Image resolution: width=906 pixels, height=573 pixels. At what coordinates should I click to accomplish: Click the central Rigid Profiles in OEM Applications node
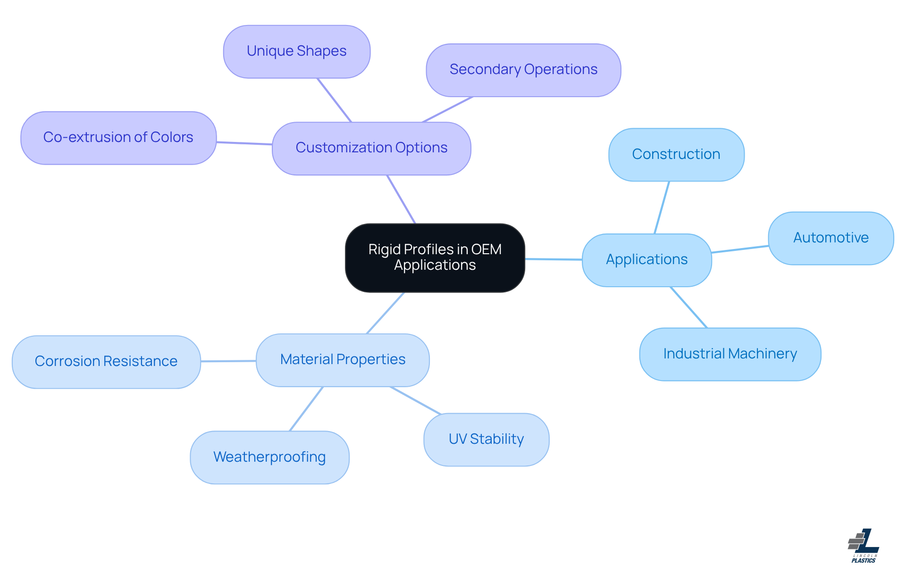point(435,257)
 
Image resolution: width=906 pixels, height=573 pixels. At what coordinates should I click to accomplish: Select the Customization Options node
point(371,148)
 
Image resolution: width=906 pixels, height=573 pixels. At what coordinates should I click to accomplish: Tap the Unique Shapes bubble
point(296,51)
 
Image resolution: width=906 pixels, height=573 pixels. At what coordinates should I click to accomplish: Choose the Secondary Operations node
point(523,70)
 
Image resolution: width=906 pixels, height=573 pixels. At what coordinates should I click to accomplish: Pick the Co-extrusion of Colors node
point(118,138)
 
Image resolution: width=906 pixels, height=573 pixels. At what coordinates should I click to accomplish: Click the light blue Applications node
point(646,260)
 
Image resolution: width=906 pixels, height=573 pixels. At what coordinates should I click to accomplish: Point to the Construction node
point(676,155)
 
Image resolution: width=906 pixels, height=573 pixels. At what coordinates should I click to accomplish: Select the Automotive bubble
point(830,238)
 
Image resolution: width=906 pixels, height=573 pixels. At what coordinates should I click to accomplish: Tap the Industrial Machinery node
point(730,354)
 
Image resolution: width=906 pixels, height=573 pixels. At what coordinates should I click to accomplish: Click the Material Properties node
point(343,360)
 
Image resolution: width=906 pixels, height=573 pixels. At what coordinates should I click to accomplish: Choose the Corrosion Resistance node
point(106,362)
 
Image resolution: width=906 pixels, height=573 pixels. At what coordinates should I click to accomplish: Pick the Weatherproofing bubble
point(269,457)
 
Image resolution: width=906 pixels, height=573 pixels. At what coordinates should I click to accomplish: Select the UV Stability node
point(486,440)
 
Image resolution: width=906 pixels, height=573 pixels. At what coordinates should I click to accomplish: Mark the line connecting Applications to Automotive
point(740,249)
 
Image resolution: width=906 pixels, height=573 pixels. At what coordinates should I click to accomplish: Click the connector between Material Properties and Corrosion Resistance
point(228,361)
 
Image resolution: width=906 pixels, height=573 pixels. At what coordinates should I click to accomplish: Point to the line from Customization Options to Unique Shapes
point(335,100)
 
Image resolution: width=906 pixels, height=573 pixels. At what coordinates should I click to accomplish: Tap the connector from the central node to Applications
point(554,259)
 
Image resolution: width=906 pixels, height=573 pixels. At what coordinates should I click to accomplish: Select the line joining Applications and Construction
point(662,208)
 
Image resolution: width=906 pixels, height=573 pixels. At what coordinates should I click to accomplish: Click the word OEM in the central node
point(486,249)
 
